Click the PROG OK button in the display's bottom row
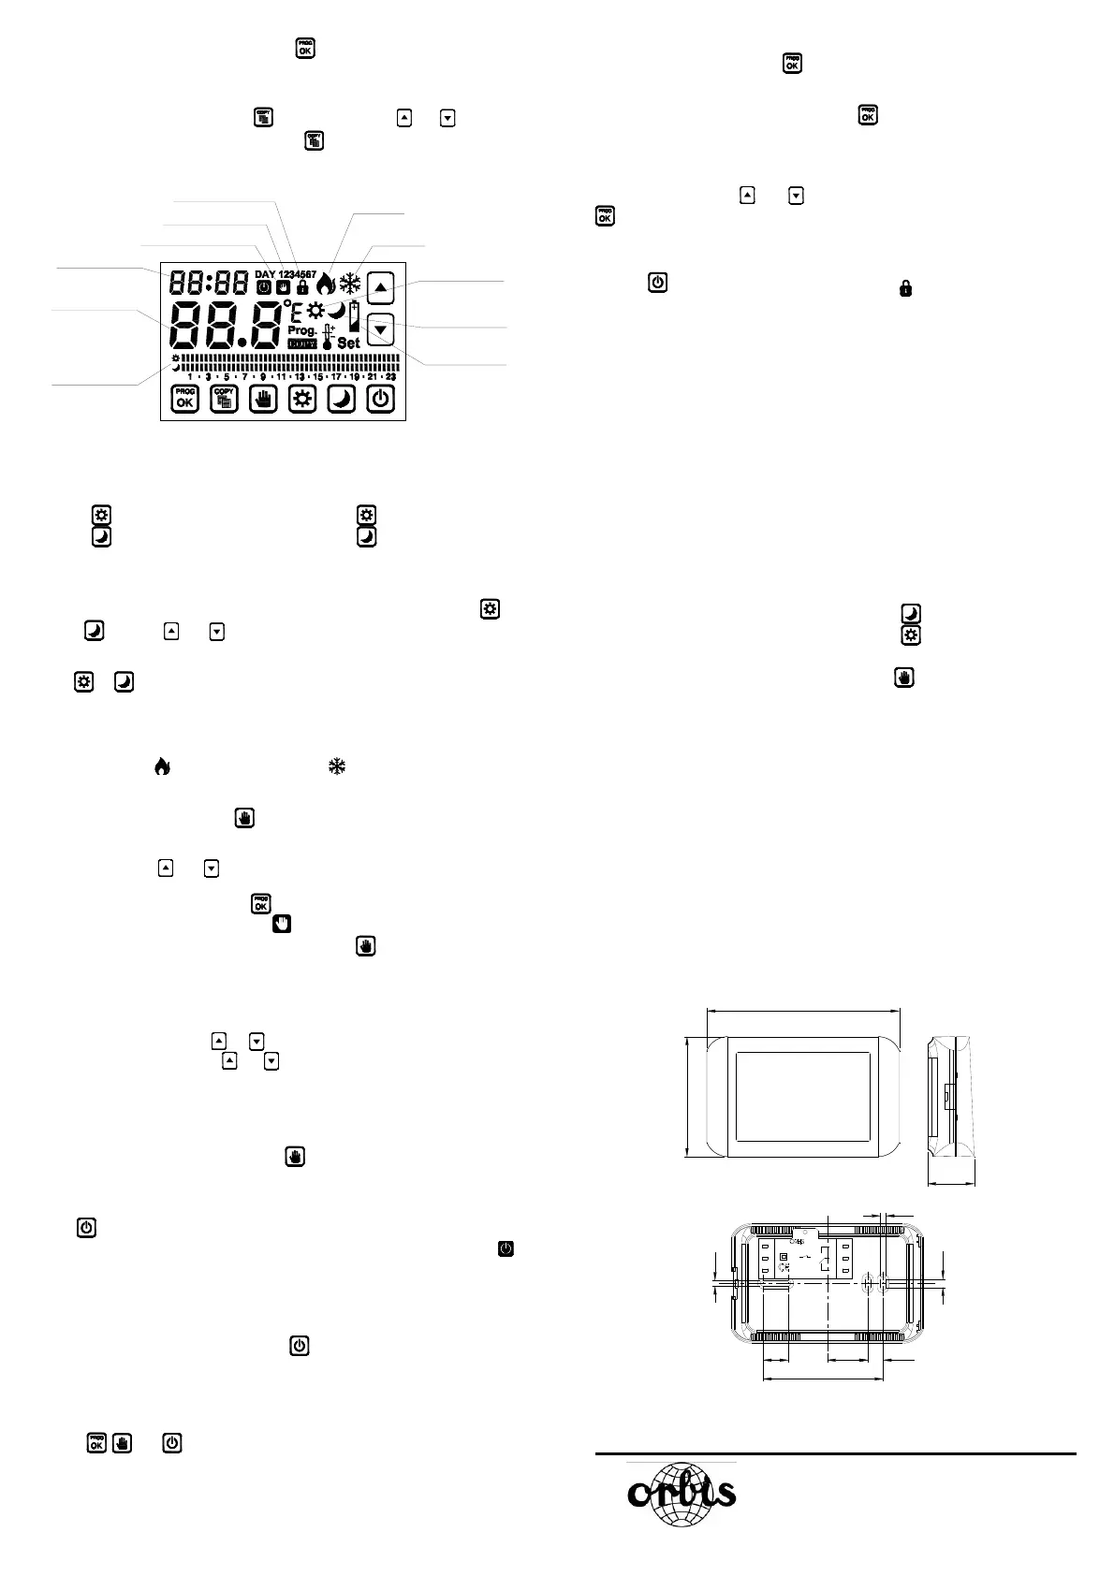click(x=185, y=399)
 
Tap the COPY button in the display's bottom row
click(x=225, y=399)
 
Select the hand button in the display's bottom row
click(x=264, y=399)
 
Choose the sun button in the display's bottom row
click(x=302, y=399)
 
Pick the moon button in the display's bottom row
click(x=342, y=399)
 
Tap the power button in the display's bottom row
click(x=380, y=399)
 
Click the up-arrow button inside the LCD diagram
click(x=380, y=287)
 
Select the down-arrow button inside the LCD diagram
click(x=380, y=329)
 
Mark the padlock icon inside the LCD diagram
click(x=302, y=287)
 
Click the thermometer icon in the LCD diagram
click(x=328, y=338)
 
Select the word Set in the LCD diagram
click(x=348, y=343)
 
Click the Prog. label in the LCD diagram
click(x=302, y=330)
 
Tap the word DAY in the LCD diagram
click(x=266, y=274)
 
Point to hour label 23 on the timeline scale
click(x=390, y=376)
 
